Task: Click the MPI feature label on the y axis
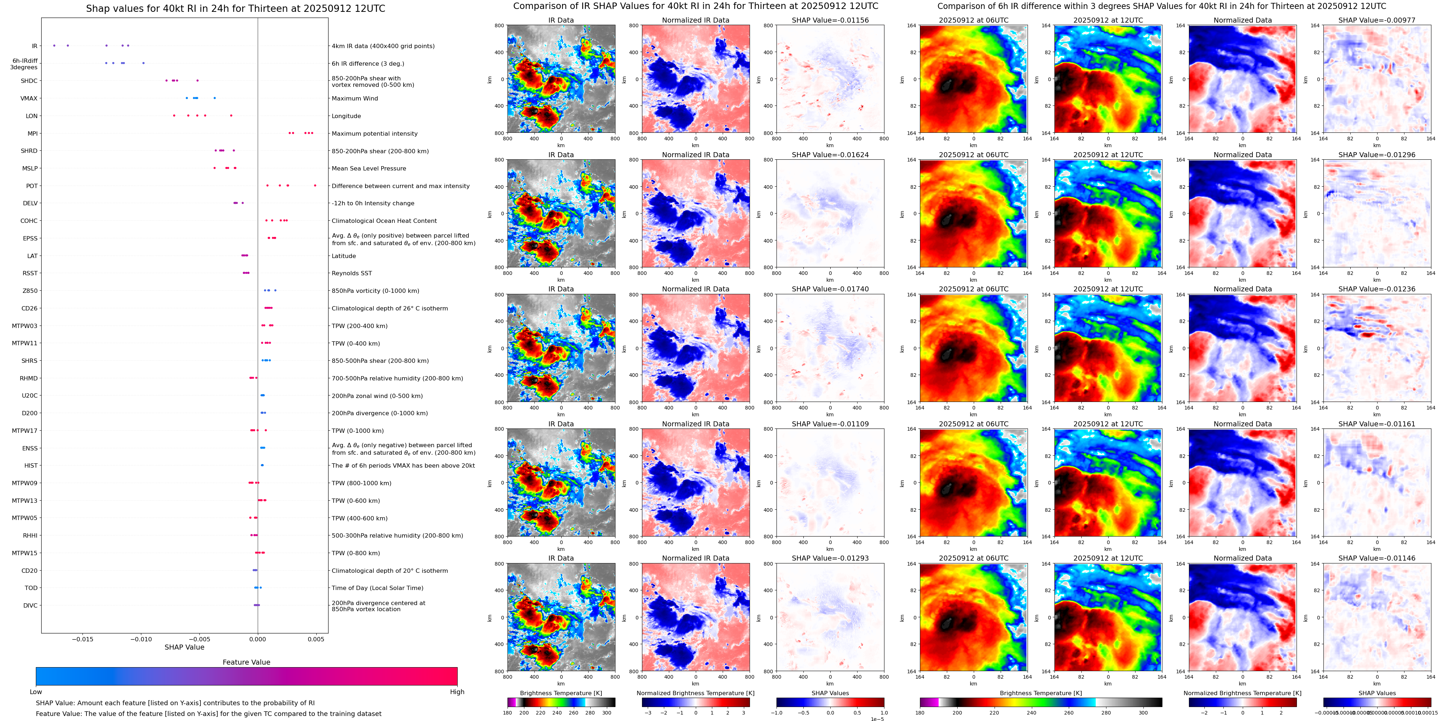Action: click(x=32, y=134)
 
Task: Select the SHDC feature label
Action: click(x=29, y=81)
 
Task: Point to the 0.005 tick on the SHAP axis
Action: click(x=316, y=639)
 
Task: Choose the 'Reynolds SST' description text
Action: click(x=351, y=273)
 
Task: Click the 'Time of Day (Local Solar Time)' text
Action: click(x=377, y=588)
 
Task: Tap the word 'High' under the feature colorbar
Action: click(x=457, y=692)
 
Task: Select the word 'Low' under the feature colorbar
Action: click(x=36, y=692)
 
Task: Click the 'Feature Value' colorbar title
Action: click(x=246, y=662)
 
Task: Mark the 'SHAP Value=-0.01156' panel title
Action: click(x=830, y=20)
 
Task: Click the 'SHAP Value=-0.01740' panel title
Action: click(x=830, y=289)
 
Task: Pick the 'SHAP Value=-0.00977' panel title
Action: click(x=1377, y=20)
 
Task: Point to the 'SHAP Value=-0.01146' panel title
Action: click(x=1377, y=558)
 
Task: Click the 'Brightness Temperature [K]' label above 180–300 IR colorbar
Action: click(x=561, y=693)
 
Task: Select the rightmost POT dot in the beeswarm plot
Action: click(x=315, y=186)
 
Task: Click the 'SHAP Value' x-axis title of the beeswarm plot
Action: click(x=184, y=647)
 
